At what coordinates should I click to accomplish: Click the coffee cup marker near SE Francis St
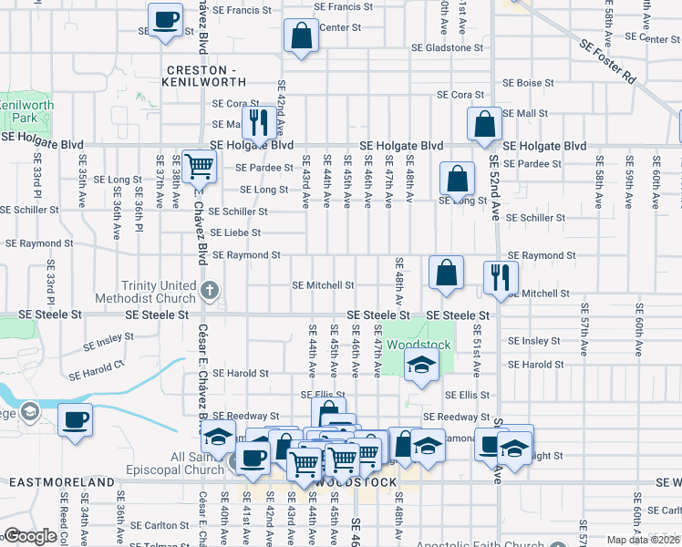point(165,20)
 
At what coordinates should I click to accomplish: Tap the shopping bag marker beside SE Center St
point(301,37)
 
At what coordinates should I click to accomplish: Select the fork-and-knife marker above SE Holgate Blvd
point(258,120)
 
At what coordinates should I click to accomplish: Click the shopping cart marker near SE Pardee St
point(198,167)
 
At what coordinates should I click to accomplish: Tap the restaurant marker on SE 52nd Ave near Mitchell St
point(501,278)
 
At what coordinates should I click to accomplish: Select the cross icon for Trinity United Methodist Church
point(210,292)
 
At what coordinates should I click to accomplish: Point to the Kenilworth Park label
point(26,112)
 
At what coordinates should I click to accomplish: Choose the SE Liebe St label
point(235,233)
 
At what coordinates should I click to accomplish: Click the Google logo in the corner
point(30,536)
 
